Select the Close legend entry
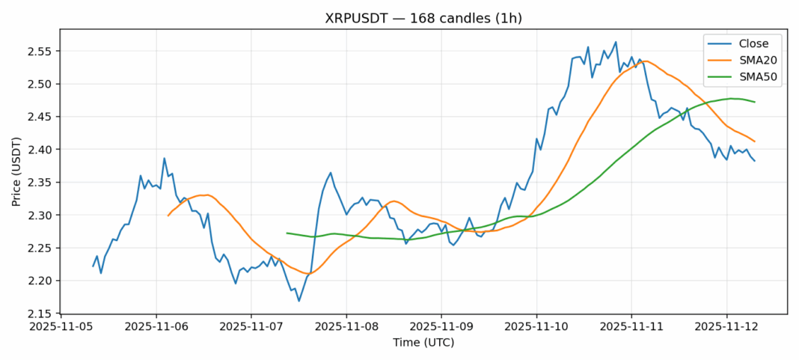pos(748,43)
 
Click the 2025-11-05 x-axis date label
pos(61,328)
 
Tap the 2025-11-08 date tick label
pos(346,328)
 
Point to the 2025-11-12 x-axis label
pos(726,328)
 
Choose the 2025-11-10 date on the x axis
pos(536,328)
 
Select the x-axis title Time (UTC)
pos(423,343)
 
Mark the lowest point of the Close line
pos(299,301)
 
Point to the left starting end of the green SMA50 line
pos(287,233)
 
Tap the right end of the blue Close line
pos(754,161)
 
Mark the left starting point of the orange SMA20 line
pos(168,216)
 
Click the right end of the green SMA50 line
pos(754,102)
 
